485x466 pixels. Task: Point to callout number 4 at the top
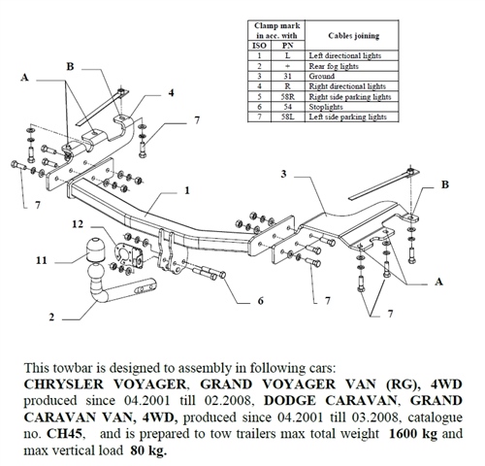tap(171, 93)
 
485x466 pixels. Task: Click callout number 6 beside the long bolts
tap(260, 302)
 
